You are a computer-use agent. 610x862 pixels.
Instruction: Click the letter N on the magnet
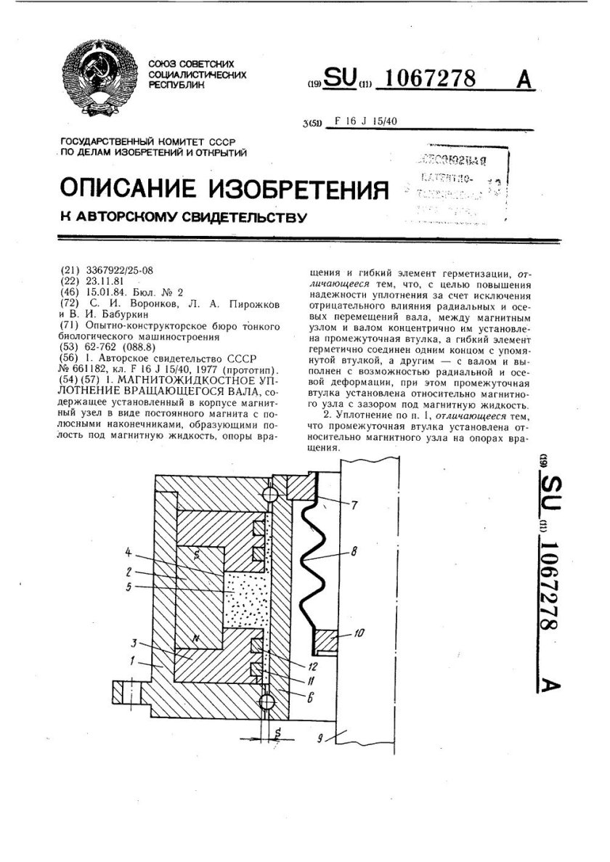[x=193, y=638]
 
